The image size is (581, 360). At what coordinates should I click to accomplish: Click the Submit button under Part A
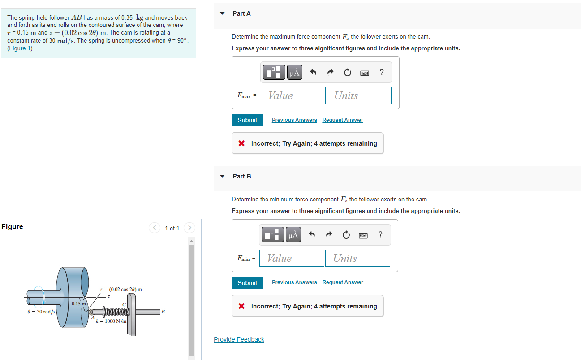(247, 120)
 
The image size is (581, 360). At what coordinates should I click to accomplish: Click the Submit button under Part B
(247, 283)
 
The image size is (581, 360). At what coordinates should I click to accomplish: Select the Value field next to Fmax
(293, 95)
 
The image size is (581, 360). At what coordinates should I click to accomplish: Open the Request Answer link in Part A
(343, 120)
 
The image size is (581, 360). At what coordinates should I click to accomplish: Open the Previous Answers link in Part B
(294, 282)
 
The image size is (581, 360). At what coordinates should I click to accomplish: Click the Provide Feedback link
(239, 339)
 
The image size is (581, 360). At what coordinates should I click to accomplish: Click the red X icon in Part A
(241, 143)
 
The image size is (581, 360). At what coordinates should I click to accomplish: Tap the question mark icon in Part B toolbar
(380, 234)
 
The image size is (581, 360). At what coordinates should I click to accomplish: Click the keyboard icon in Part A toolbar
(365, 73)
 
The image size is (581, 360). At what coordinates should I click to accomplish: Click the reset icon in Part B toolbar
(346, 235)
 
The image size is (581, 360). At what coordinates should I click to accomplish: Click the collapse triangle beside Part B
(222, 176)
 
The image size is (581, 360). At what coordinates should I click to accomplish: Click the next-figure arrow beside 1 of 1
(189, 228)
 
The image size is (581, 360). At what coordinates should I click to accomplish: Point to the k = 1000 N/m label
(112, 321)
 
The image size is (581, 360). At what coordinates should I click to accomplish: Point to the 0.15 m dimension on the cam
(79, 304)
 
